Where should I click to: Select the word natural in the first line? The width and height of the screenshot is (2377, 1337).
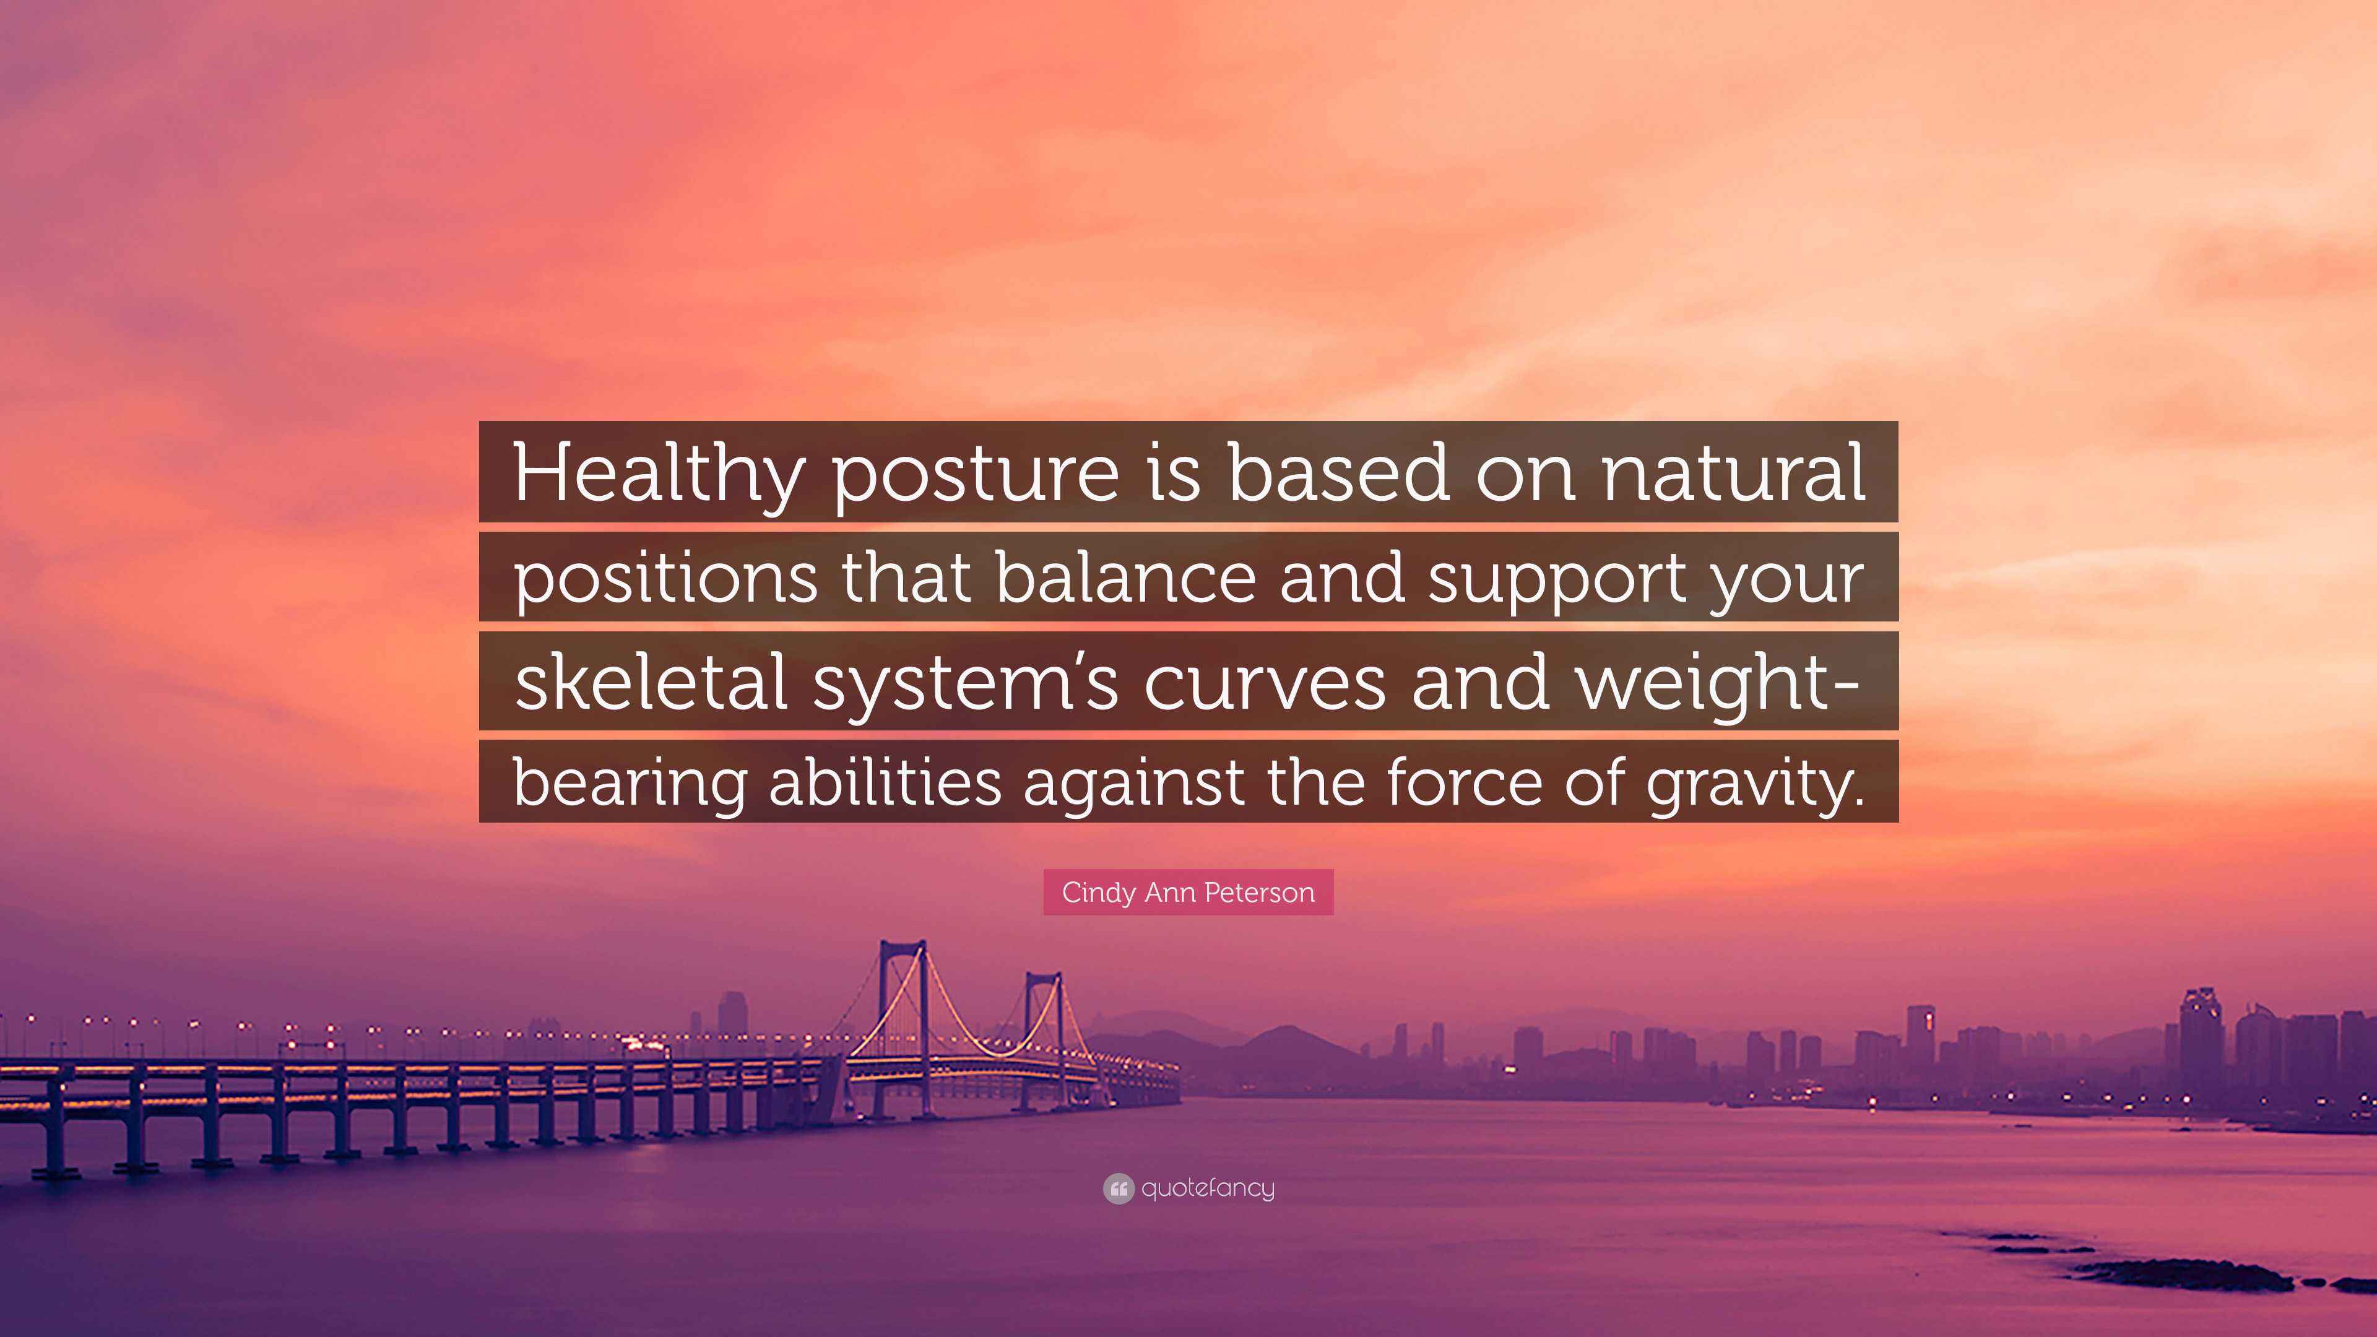tap(1734, 474)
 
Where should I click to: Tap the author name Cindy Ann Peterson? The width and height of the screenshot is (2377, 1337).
tap(1188, 892)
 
